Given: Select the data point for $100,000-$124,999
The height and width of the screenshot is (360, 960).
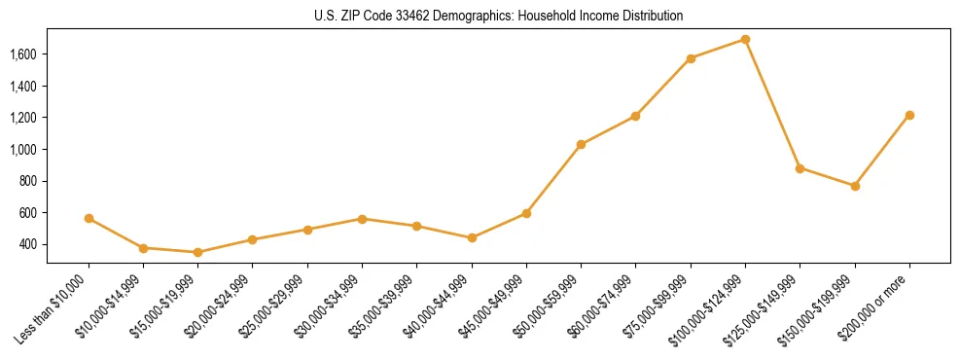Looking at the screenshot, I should (x=745, y=39).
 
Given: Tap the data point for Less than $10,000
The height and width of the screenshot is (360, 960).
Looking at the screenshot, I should (x=89, y=218).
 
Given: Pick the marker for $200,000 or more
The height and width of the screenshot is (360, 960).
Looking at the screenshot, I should (x=909, y=115).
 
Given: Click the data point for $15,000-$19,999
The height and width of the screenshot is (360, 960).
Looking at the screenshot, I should (x=198, y=252).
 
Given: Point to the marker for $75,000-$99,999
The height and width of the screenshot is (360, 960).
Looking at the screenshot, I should (x=691, y=58).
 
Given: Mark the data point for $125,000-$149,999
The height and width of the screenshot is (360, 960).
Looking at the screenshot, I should (x=800, y=168).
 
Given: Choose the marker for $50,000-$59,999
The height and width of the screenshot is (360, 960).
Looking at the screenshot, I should (x=581, y=144).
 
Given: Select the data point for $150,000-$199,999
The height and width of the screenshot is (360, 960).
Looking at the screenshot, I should (x=855, y=186).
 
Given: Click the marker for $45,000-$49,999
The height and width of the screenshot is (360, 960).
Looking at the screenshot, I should (x=526, y=213).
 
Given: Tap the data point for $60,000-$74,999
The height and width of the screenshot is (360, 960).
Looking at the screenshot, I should (x=635, y=116).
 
